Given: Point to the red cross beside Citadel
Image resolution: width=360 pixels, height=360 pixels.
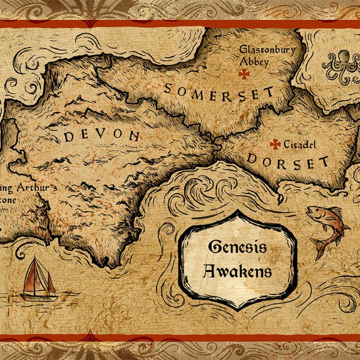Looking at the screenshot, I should coord(275,144).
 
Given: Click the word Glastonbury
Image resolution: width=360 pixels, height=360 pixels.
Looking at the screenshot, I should coord(267,50).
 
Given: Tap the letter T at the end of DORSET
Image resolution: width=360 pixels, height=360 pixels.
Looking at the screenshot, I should coord(324,162).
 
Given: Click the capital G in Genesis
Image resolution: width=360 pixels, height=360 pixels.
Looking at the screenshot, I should coord(214,248).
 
